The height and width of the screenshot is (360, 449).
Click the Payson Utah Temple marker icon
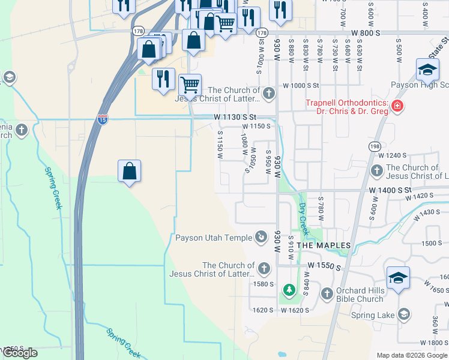click(261, 238)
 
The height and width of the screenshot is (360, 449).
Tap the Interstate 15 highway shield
click(103, 119)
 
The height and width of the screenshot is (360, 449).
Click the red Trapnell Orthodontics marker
click(397, 107)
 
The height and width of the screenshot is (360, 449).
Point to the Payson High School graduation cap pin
click(427, 71)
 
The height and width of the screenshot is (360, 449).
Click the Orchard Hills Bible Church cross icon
click(327, 294)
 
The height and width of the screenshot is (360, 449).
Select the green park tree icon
click(289, 290)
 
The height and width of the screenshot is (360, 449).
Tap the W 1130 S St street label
click(236, 117)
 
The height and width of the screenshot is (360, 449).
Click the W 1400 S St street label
click(390, 190)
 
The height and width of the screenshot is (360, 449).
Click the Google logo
click(20, 353)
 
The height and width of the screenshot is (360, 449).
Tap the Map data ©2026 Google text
click(411, 355)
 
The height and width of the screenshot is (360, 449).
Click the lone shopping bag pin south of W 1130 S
click(130, 172)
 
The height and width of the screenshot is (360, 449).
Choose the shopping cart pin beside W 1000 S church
click(190, 85)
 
